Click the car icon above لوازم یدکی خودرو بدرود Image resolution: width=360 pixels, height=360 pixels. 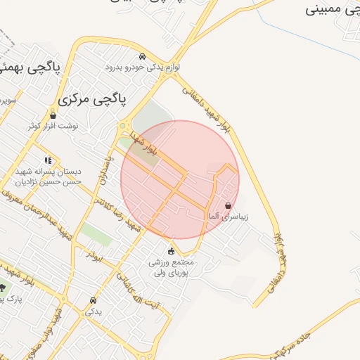(x=143, y=56)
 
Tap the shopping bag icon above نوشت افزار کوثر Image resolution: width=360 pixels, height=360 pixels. (x=53, y=115)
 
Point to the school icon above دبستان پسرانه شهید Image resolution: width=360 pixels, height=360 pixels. (x=48, y=160)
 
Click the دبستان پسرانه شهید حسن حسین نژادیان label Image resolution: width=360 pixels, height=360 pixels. (x=48, y=176)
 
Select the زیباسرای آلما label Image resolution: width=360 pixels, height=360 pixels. (x=226, y=217)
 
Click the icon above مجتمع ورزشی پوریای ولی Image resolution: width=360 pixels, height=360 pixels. (x=171, y=251)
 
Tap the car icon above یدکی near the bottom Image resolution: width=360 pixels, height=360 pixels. (x=93, y=300)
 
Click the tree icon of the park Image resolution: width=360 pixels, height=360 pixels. (x=1, y=287)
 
